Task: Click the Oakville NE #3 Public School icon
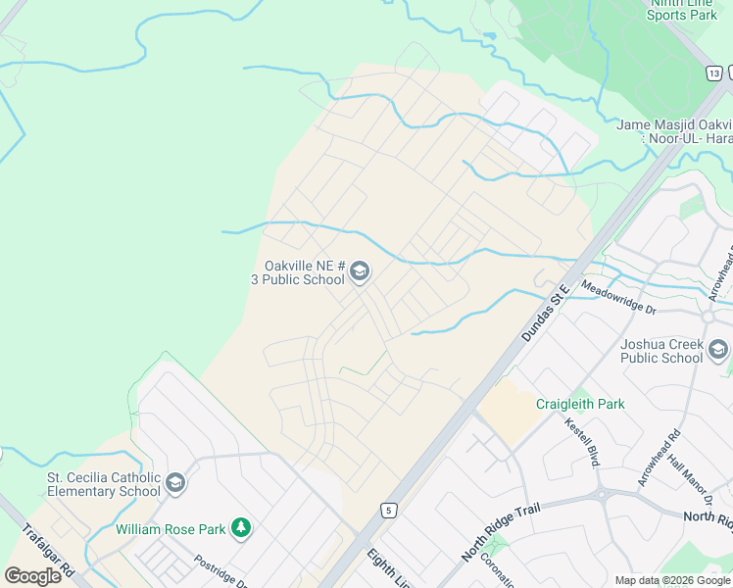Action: [360, 271]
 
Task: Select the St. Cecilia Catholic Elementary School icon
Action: [175, 482]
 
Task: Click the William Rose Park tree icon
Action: [241, 529]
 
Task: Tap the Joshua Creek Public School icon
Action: [718, 350]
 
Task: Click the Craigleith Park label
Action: [580, 404]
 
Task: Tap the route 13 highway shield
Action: [715, 73]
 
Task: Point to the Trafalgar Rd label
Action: [48, 549]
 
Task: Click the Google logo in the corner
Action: [32, 575]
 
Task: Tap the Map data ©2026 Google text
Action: [672, 580]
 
